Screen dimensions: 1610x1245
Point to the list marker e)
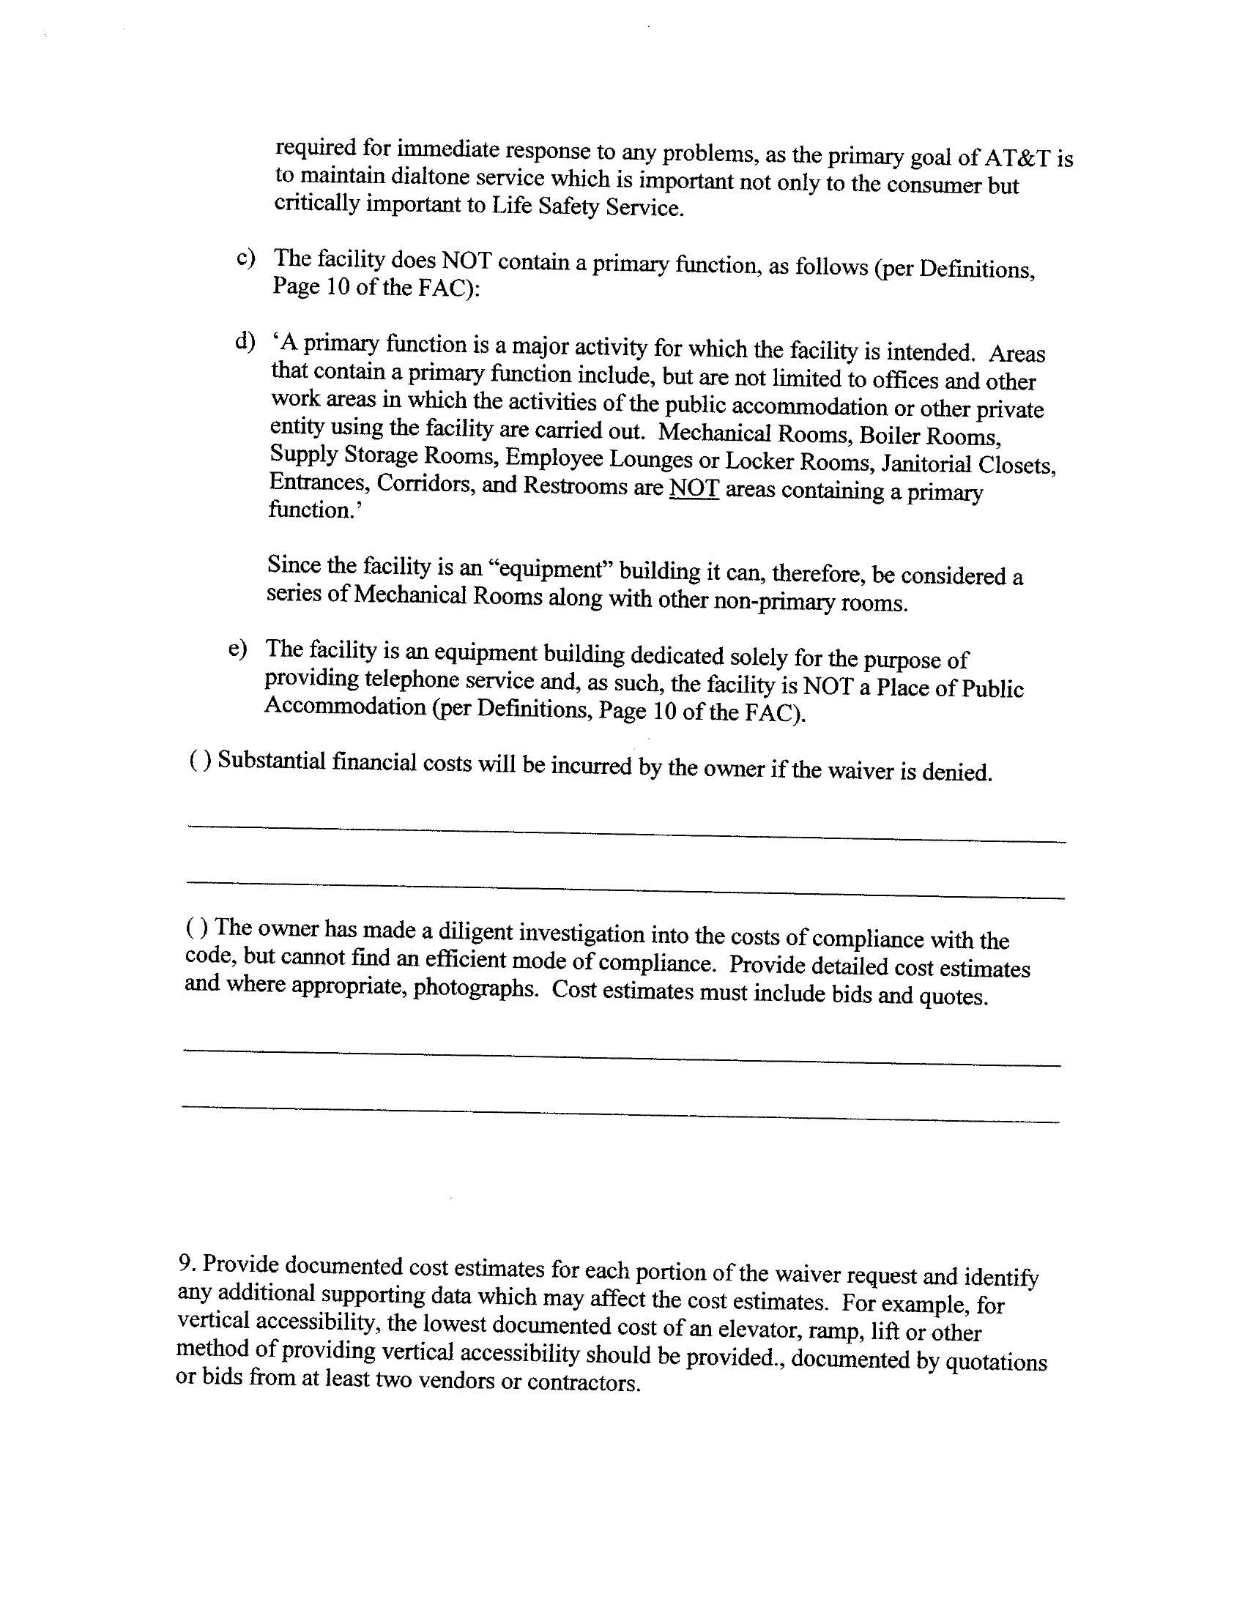click(x=237, y=648)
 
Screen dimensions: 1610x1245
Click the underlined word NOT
click(x=694, y=489)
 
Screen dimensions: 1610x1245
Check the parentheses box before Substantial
click(x=201, y=759)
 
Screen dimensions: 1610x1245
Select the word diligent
click(x=475, y=933)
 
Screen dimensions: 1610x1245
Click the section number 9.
click(x=187, y=1263)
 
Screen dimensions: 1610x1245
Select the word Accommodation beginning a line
click(x=344, y=707)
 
